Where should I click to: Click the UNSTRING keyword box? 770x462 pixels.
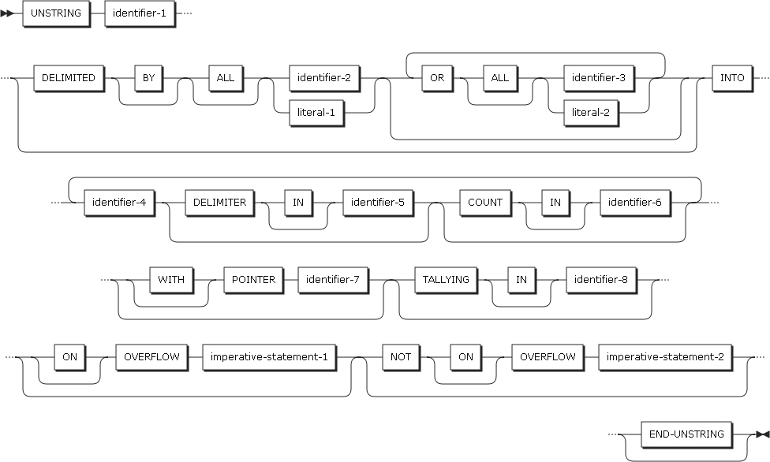pos(55,14)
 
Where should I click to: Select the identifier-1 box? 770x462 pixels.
pos(139,14)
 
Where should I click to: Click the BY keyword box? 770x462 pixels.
pos(148,78)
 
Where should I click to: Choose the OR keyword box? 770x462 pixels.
pos(434,78)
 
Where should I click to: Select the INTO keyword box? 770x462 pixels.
pos(732,78)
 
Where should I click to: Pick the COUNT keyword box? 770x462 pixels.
pos(485,203)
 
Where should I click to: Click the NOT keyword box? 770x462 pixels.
pos(398,357)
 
